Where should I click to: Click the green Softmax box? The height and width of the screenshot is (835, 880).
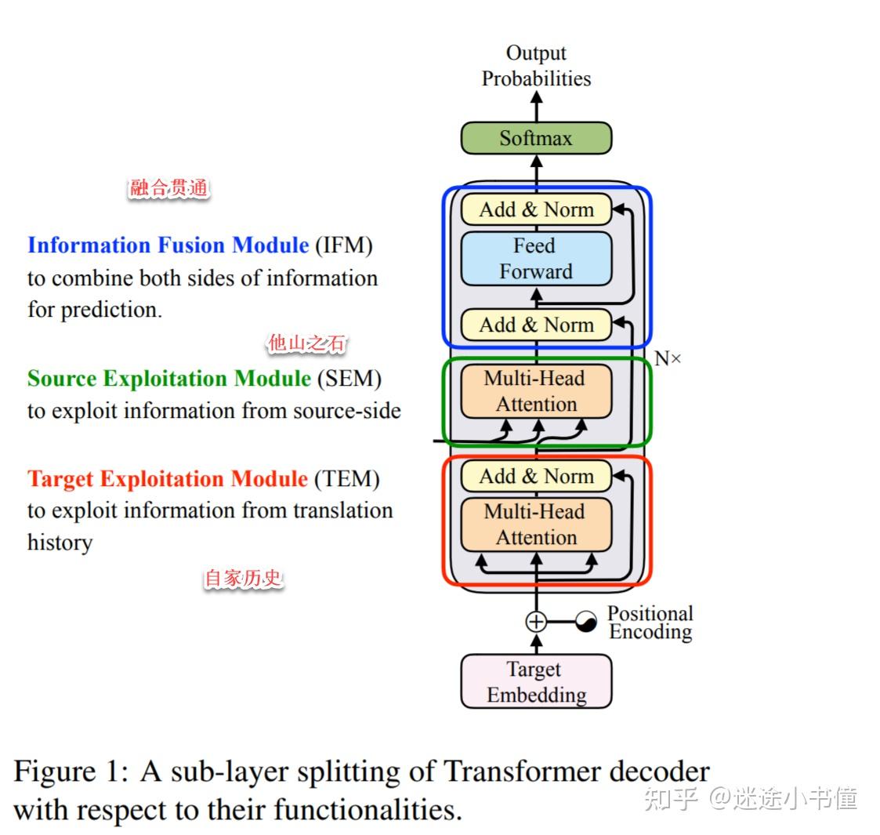(536, 138)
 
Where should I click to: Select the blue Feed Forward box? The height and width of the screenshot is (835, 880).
(536, 258)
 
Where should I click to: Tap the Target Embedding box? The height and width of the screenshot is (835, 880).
(536, 681)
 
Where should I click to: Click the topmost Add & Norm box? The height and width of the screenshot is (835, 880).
(536, 209)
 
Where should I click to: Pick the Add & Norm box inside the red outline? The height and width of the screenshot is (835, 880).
(536, 476)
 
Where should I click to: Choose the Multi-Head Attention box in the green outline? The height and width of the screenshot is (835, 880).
(536, 391)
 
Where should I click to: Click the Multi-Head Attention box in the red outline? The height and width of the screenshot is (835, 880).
(536, 525)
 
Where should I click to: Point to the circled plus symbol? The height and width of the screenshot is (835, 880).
(536, 622)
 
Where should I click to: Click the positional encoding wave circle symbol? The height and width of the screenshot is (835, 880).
(585, 622)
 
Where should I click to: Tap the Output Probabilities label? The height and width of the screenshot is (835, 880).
(536, 66)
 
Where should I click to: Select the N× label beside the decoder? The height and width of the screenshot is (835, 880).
(668, 359)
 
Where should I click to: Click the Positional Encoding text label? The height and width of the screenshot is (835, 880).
(650, 623)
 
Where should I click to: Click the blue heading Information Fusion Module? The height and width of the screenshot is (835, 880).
(168, 245)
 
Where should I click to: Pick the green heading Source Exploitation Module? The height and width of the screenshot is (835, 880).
(169, 379)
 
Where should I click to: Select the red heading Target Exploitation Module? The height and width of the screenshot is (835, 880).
(168, 479)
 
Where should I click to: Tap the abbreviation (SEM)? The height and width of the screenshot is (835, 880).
(349, 379)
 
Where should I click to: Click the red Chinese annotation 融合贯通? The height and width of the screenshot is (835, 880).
(169, 188)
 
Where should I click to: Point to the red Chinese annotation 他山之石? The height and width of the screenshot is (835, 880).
(306, 343)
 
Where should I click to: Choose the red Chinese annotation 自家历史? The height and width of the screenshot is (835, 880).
(243, 579)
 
